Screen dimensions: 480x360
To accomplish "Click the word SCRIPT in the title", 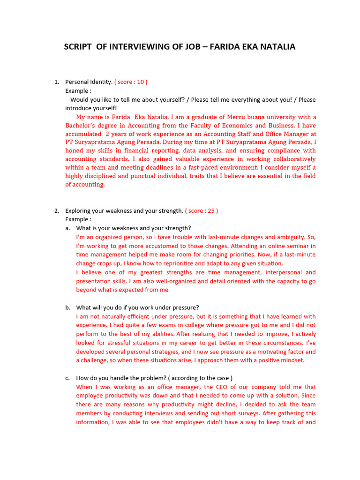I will (79, 47).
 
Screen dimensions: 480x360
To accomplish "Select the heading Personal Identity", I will (89, 82).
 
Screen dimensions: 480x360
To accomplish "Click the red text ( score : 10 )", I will (131, 82).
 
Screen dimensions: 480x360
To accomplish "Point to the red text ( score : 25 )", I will (202, 211).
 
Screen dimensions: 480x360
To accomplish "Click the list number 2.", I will (57, 211).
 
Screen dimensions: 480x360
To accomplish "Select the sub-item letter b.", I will (67, 307).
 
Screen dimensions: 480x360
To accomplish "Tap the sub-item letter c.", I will (67, 378).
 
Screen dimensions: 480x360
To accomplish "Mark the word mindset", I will (292, 360).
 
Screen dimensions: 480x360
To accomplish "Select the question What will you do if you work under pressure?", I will (137, 307).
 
